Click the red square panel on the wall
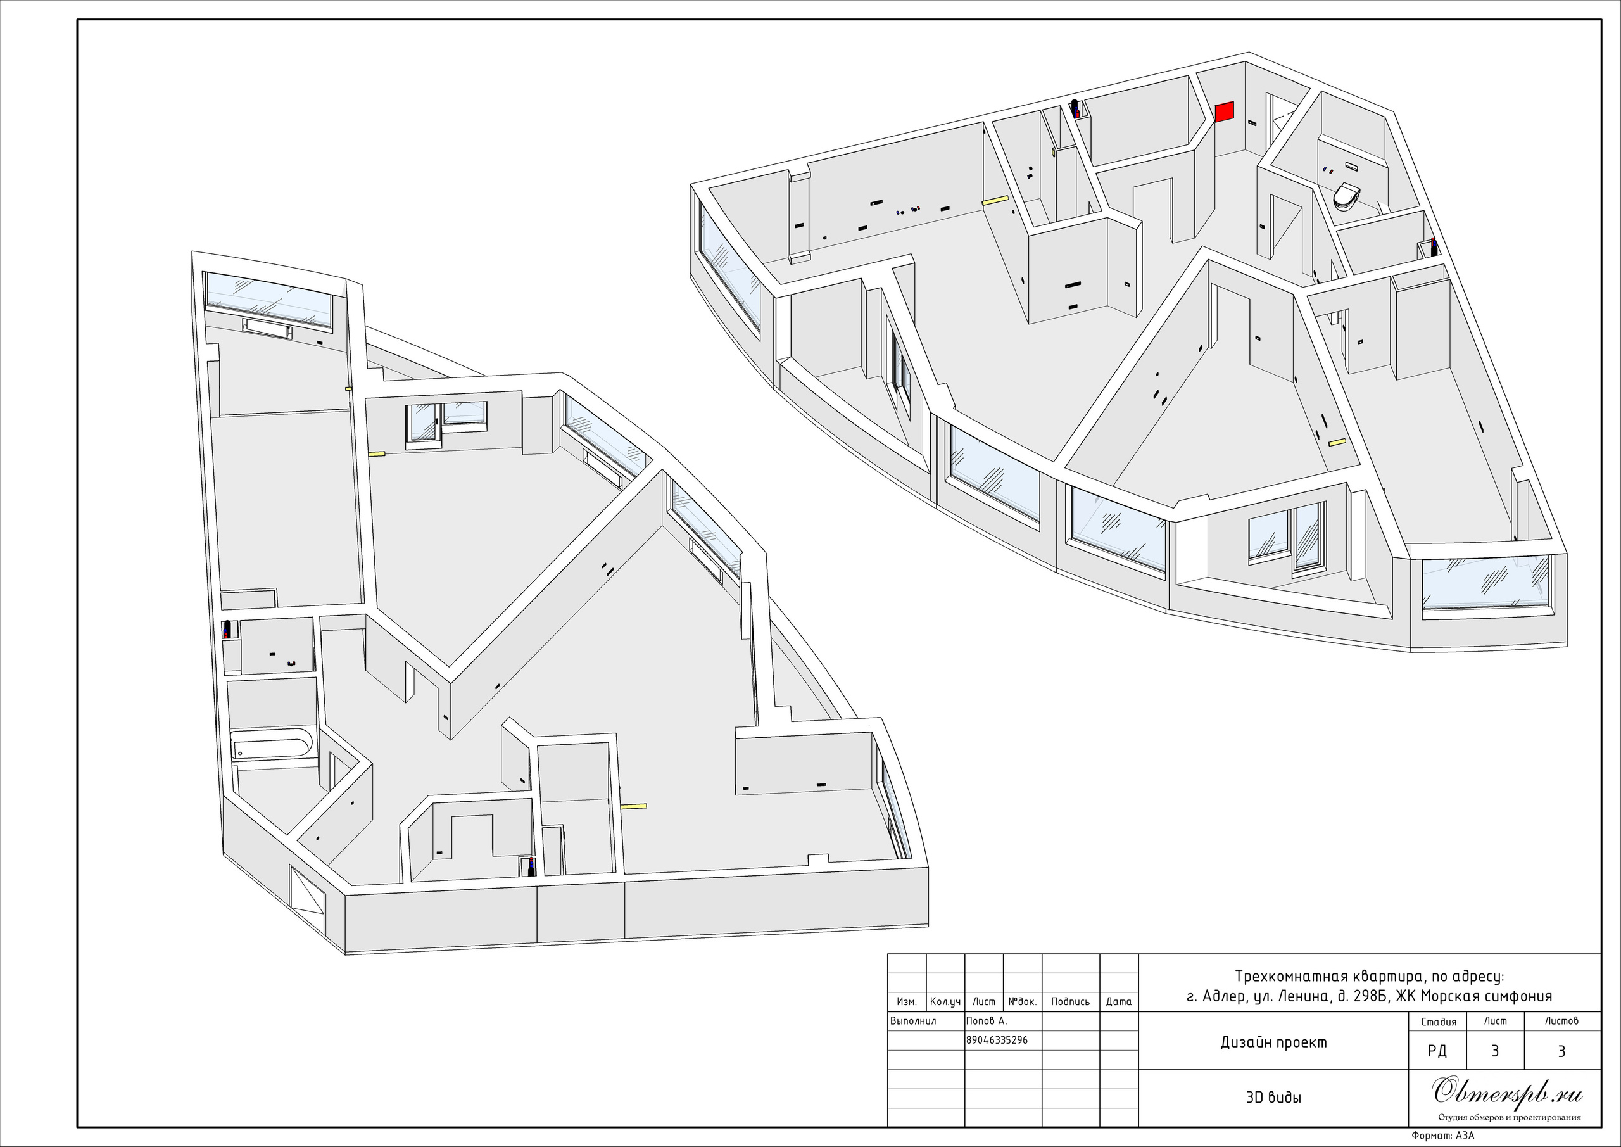tap(1224, 111)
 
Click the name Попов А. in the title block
tap(987, 1020)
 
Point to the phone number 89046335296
tap(997, 1041)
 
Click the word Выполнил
tap(914, 1020)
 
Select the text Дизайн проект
tap(1273, 1042)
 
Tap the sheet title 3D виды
tap(1273, 1098)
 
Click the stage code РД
tap(1437, 1051)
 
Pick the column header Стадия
tap(1438, 1022)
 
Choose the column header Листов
tap(1561, 1020)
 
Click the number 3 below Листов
tap(1561, 1051)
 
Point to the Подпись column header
tap(1070, 1001)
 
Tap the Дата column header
tap(1119, 1001)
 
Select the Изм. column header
tap(907, 1001)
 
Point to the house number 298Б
tap(1370, 996)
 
